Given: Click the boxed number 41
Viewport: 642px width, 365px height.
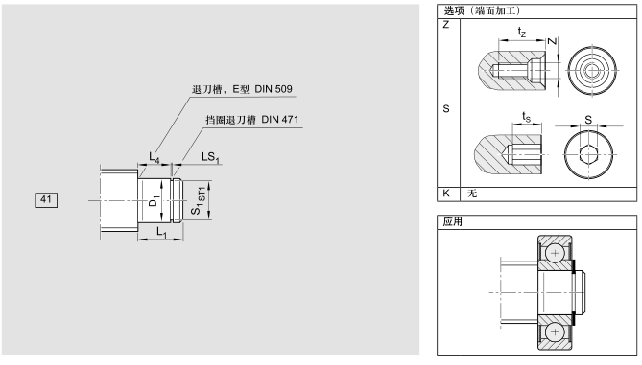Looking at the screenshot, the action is (46, 200).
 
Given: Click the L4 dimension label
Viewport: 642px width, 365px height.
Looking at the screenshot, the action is (154, 157).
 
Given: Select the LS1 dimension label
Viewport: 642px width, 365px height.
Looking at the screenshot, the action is (210, 157).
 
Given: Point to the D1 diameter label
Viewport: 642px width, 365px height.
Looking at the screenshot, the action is (154, 201).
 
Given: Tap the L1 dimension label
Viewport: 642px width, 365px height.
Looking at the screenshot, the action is (162, 232).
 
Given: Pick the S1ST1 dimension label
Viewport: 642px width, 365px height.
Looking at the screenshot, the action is (199, 200).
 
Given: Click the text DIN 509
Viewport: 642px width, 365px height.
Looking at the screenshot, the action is (273, 89).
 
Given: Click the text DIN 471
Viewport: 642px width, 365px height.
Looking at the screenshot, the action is (280, 120).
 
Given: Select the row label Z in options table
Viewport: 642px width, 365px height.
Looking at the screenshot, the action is (446, 25).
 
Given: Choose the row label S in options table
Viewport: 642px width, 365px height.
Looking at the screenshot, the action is (446, 109).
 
